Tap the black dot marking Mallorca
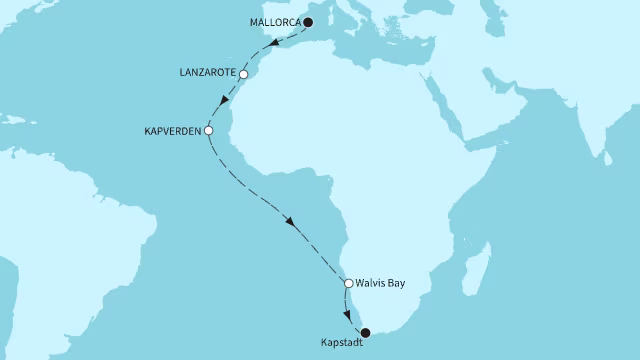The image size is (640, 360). point(308,22)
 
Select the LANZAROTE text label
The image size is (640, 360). point(205,74)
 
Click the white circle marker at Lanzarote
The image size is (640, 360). point(243,74)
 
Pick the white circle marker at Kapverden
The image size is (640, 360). point(208,131)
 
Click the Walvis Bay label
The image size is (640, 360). point(380,284)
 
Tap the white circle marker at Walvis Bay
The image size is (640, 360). point(348,284)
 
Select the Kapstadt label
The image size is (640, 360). point(342,343)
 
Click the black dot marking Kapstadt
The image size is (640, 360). point(365,332)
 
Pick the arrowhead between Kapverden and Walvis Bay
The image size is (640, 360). point(292,222)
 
